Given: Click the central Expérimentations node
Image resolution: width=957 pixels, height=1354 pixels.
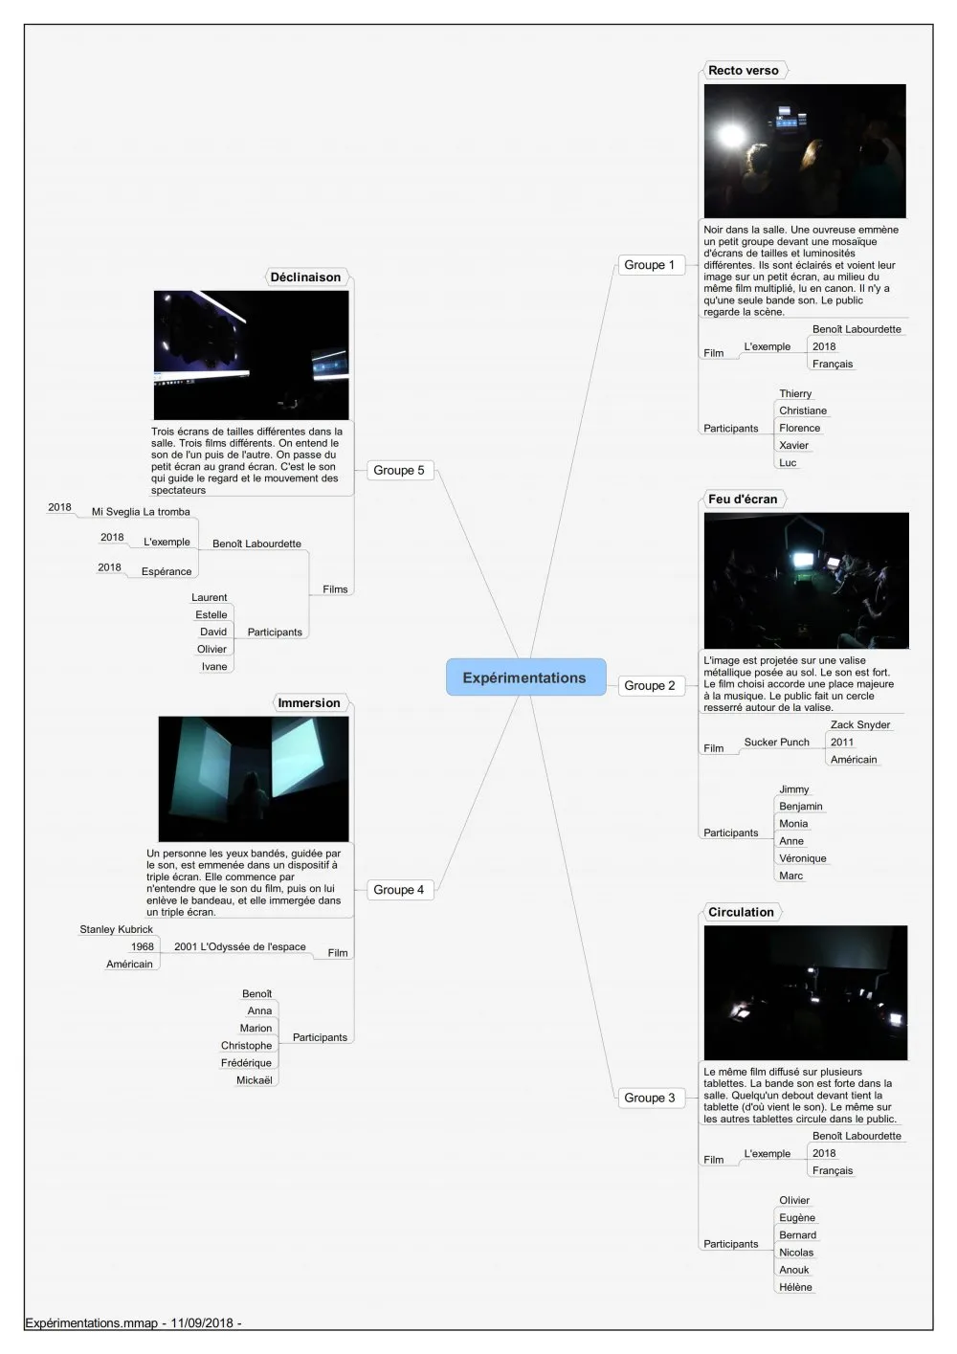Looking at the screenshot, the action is pyautogui.click(x=525, y=677).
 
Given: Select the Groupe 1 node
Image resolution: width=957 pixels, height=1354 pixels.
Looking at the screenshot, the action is pyautogui.click(x=651, y=265).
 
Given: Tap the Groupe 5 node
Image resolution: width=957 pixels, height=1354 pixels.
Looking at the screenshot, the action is pyautogui.click(x=400, y=470).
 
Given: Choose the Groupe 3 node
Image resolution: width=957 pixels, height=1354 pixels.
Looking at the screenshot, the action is pyautogui.click(x=651, y=1098).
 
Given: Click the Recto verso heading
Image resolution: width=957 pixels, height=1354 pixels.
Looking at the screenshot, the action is pyautogui.click(x=744, y=70).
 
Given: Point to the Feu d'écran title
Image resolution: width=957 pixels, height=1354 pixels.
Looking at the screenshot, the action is pyautogui.click(x=743, y=499).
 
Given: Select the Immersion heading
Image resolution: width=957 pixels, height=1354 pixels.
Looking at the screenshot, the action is pyautogui.click(x=309, y=702).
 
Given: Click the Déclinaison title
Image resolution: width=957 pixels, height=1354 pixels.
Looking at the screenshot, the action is pyautogui.click(x=306, y=277).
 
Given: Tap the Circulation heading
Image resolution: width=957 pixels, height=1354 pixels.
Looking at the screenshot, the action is pyautogui.click(x=741, y=912).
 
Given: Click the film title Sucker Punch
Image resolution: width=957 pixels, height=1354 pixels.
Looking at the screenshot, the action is pyautogui.click(x=776, y=742).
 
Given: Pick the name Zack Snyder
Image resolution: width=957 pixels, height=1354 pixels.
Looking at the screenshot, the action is pyautogui.click(x=859, y=724).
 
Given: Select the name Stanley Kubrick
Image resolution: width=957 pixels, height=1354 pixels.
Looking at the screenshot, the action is pyautogui.click(x=116, y=929).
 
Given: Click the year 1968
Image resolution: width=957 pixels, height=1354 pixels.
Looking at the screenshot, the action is pyautogui.click(x=143, y=946).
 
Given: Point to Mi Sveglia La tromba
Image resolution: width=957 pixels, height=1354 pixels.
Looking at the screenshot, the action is pyautogui.click(x=141, y=511).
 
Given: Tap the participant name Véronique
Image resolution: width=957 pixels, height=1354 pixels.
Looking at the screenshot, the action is pyautogui.click(x=803, y=858).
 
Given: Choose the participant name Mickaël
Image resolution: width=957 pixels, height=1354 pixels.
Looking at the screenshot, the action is pyautogui.click(x=254, y=1080).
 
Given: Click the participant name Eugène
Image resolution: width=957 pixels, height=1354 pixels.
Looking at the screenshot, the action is pyautogui.click(x=797, y=1217).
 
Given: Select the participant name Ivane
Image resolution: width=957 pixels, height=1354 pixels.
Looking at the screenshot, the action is pyautogui.click(x=214, y=666).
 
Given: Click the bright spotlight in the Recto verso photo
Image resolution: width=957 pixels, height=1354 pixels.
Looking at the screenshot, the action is pyautogui.click(x=731, y=136).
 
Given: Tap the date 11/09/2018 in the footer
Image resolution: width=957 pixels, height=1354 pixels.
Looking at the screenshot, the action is pyautogui.click(x=202, y=1322).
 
